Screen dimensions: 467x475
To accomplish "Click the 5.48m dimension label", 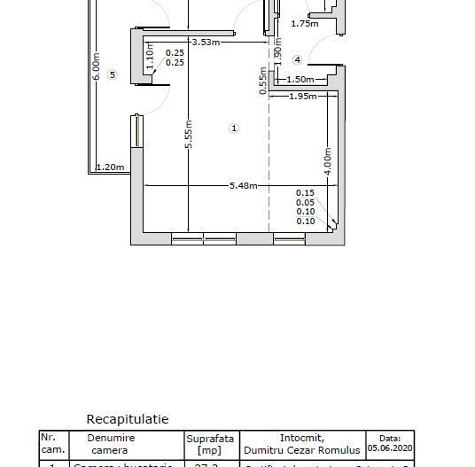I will tap(243, 185).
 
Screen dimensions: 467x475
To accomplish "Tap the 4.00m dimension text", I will tap(328, 162).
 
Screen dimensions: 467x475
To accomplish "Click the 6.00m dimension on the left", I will tap(96, 66).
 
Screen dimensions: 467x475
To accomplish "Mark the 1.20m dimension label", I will tap(110, 167).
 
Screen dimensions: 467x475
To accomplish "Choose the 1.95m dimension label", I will tap(303, 96).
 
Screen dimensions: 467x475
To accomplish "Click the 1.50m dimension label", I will tap(300, 80).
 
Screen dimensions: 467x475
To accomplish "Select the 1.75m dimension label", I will tap(304, 24).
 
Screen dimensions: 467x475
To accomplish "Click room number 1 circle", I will tap(235, 128).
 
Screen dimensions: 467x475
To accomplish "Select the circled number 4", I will tap(298, 60).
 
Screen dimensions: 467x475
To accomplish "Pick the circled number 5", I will tap(112, 75).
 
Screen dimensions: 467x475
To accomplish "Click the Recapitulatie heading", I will tap(127, 419).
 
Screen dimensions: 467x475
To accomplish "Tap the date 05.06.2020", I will tap(390, 448).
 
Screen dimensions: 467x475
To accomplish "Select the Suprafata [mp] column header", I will tap(210, 444).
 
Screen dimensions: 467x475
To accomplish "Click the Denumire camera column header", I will tap(111, 444).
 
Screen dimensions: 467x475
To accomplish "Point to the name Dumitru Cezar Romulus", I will tap(302, 450).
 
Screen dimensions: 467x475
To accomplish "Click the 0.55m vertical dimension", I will tap(263, 80).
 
